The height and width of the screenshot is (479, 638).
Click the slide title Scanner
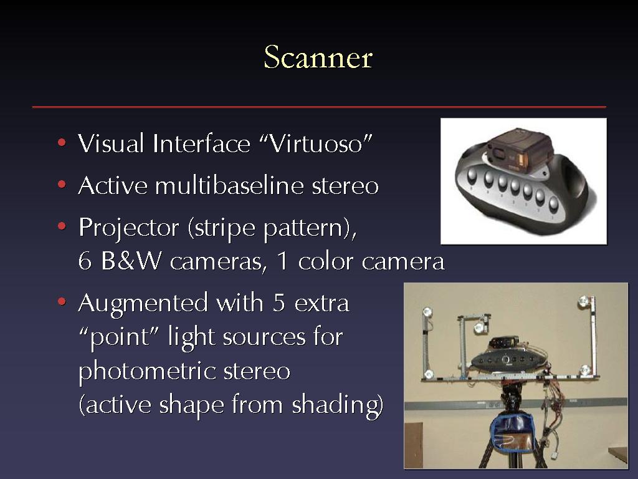(x=318, y=57)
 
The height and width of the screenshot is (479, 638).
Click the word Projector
(x=128, y=228)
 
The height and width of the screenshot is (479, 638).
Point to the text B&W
(x=131, y=261)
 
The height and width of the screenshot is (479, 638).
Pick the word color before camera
(x=325, y=261)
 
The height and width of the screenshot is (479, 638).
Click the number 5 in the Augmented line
(x=279, y=302)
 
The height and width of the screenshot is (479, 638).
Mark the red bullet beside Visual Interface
(x=62, y=143)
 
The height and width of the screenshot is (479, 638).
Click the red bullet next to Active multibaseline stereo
(x=62, y=185)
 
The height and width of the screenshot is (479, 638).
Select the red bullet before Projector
(x=62, y=226)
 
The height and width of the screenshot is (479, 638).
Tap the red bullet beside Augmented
(x=62, y=302)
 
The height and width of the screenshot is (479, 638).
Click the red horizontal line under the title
(x=319, y=107)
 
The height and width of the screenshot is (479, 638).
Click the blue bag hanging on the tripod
(x=512, y=433)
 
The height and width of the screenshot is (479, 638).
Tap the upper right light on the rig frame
(x=583, y=301)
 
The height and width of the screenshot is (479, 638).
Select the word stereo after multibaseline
(x=345, y=186)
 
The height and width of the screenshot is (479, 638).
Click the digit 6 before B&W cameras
(x=85, y=261)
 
